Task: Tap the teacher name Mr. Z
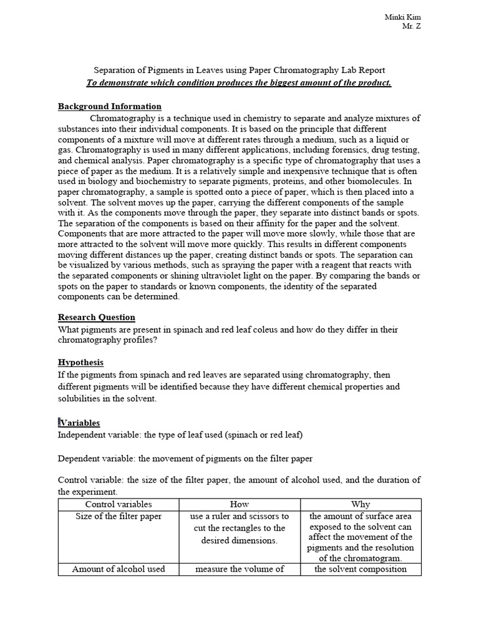(412, 26)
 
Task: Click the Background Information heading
(110, 107)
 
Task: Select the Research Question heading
(97, 317)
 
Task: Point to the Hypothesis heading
(81, 363)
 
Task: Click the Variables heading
(79, 422)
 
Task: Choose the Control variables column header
(119, 504)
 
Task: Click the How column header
(239, 504)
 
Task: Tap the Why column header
(360, 504)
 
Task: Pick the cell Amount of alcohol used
(119, 568)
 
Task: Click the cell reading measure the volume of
(239, 568)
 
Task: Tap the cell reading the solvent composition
(360, 568)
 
